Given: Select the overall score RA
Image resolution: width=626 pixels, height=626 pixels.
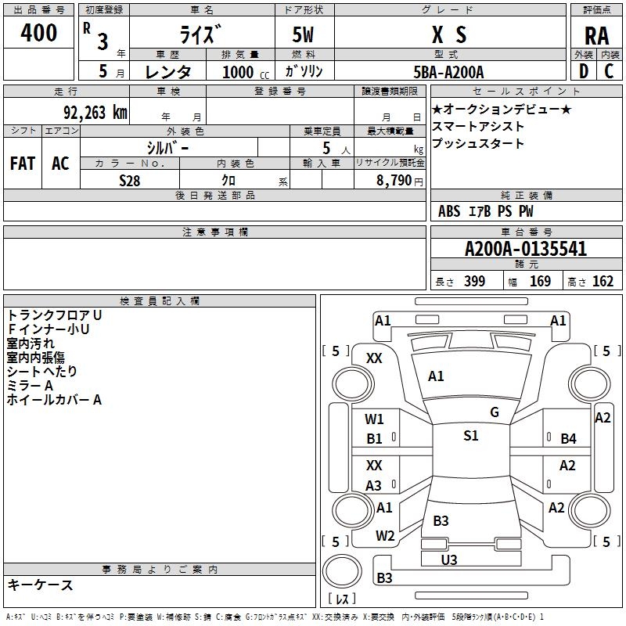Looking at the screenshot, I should coord(596,35).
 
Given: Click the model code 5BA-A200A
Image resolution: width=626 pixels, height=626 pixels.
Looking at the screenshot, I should coord(448,71).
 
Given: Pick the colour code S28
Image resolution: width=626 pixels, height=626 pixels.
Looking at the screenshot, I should coord(131,180).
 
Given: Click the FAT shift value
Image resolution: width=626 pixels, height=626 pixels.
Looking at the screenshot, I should coord(22,163).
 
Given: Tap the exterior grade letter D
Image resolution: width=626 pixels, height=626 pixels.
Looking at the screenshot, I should coord(584,70).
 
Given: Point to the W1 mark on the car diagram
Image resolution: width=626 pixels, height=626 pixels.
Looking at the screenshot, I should coord(374,419).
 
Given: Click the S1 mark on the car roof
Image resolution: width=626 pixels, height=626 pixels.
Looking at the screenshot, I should coord(470,436).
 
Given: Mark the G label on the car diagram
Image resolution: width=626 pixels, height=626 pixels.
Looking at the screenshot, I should coord(494,412).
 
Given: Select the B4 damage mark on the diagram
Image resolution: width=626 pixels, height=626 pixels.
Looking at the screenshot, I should coord(568,439).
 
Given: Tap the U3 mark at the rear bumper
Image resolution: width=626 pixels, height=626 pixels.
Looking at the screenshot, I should coord(449,559).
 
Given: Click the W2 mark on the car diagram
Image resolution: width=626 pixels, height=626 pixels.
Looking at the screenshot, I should coord(384,536).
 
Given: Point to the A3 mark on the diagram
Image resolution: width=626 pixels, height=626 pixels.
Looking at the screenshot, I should coord(374,485).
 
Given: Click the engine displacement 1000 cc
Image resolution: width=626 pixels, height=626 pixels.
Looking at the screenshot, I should coord(238,71).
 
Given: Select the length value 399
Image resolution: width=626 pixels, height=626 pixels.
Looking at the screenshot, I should coord(474,281).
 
